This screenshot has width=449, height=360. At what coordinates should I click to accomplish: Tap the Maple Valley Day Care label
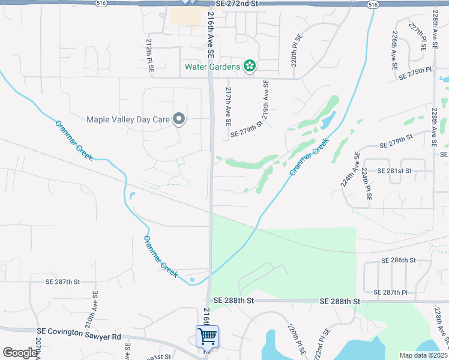tap(128, 119)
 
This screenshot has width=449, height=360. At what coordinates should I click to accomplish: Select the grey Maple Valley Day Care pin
tap(178, 119)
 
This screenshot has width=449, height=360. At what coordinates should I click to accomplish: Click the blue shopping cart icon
tap(207, 337)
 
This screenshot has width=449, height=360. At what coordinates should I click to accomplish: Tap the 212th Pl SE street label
tap(150, 57)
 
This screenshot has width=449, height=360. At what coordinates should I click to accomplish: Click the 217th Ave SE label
tap(228, 106)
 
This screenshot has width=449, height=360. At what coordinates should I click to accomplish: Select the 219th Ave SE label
tap(266, 99)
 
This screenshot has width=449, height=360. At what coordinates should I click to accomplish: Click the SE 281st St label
tap(394, 171)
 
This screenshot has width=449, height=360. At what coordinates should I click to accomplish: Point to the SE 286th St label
tap(399, 260)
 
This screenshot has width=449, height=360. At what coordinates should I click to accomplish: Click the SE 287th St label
tap(63, 281)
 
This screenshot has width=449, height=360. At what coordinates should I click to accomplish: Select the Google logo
tap(20, 353)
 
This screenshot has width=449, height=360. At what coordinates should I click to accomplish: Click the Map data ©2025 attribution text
tap(423, 355)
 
